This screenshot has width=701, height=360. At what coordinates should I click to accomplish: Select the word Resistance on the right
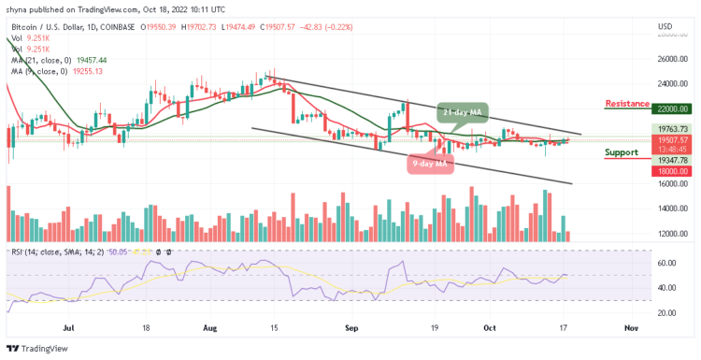pos(628,103)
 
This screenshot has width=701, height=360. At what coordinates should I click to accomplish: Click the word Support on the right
pos(622,152)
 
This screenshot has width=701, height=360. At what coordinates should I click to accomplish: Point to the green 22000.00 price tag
pos(673,108)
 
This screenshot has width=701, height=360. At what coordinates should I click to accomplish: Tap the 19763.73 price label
pos(673,129)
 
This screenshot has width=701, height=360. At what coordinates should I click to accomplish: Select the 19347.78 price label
pos(673,160)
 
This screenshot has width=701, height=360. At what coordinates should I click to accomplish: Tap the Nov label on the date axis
pos(631,328)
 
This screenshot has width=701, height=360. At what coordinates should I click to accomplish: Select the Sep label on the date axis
pos(351,328)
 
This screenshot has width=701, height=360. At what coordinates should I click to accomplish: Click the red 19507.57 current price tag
pos(673,139)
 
